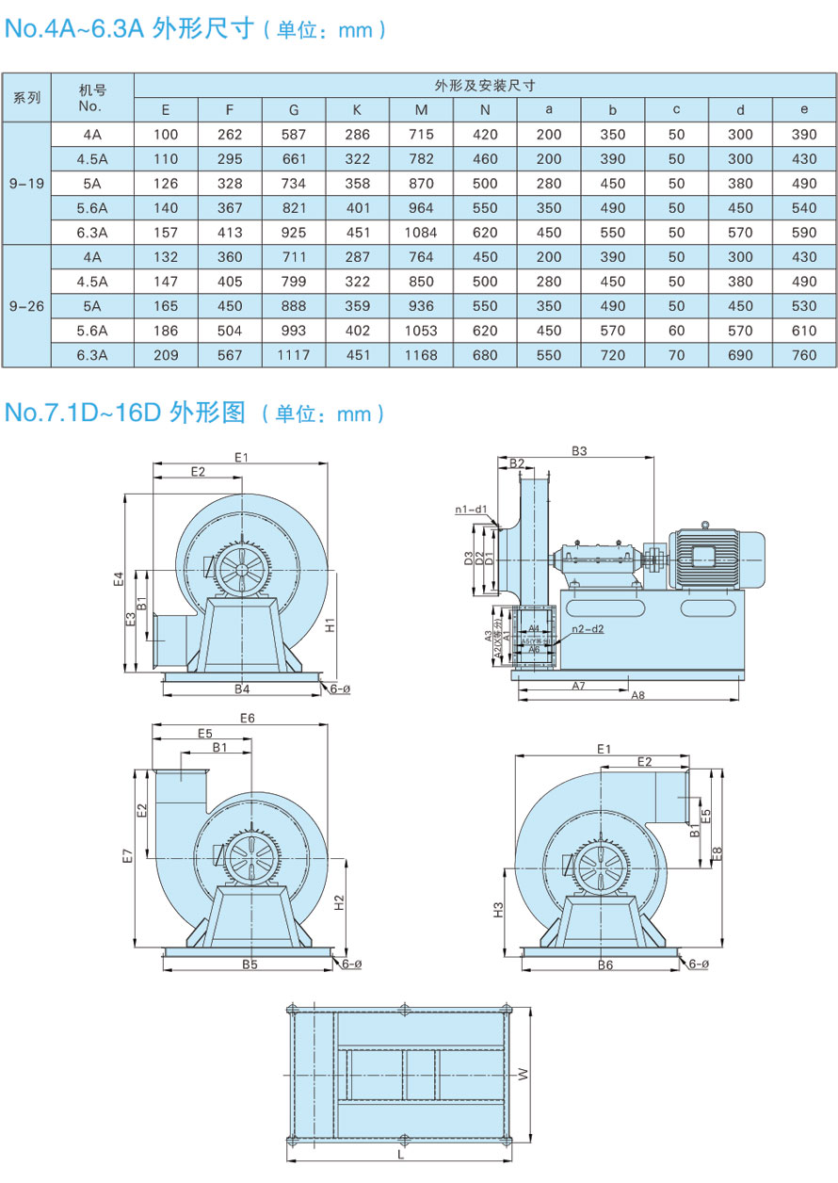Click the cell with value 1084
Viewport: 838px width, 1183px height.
421,232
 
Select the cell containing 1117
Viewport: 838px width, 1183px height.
294,355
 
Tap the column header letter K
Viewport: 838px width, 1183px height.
357,109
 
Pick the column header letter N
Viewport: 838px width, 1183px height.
485,109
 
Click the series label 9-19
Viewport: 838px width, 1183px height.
26,183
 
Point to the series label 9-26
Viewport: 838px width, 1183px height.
26,306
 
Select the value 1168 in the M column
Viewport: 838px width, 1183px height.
421,355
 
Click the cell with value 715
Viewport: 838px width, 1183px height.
421,134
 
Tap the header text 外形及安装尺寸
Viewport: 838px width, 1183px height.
485,85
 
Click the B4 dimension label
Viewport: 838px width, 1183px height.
242,689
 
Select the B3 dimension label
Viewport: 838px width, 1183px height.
579,451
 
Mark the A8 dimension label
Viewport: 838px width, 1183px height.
637,695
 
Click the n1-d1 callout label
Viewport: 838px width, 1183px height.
471,510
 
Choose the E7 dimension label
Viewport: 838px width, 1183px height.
129,856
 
